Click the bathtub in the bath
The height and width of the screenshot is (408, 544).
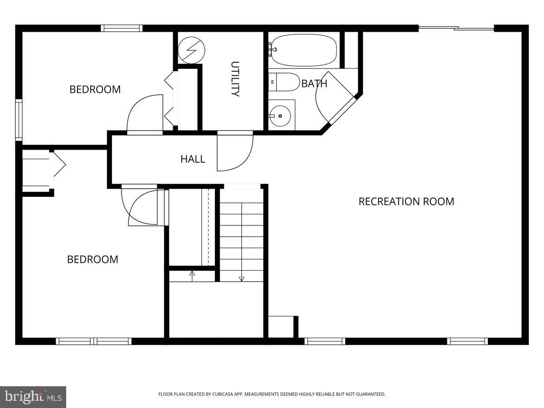coord(304,50)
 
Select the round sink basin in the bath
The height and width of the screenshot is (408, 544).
coord(280,116)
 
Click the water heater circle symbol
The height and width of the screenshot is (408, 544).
coord(191,49)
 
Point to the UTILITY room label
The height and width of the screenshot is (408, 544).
coord(235,79)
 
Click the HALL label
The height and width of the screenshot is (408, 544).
coord(193,159)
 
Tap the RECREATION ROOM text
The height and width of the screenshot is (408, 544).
coord(406,201)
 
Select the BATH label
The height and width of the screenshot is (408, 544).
coord(314,83)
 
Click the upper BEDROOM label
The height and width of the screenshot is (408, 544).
coord(95,89)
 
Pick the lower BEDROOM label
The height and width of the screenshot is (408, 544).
coord(92,259)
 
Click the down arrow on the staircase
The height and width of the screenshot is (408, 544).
coord(242,277)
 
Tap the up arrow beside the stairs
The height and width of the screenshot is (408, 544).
coord(192,274)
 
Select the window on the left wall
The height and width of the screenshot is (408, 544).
coord(19,120)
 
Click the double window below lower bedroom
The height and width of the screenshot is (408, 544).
coord(94,341)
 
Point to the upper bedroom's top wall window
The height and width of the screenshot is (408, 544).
coord(121,28)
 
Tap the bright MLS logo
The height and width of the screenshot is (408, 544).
coord(33,397)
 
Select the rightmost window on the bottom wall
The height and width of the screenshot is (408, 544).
coord(467,341)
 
